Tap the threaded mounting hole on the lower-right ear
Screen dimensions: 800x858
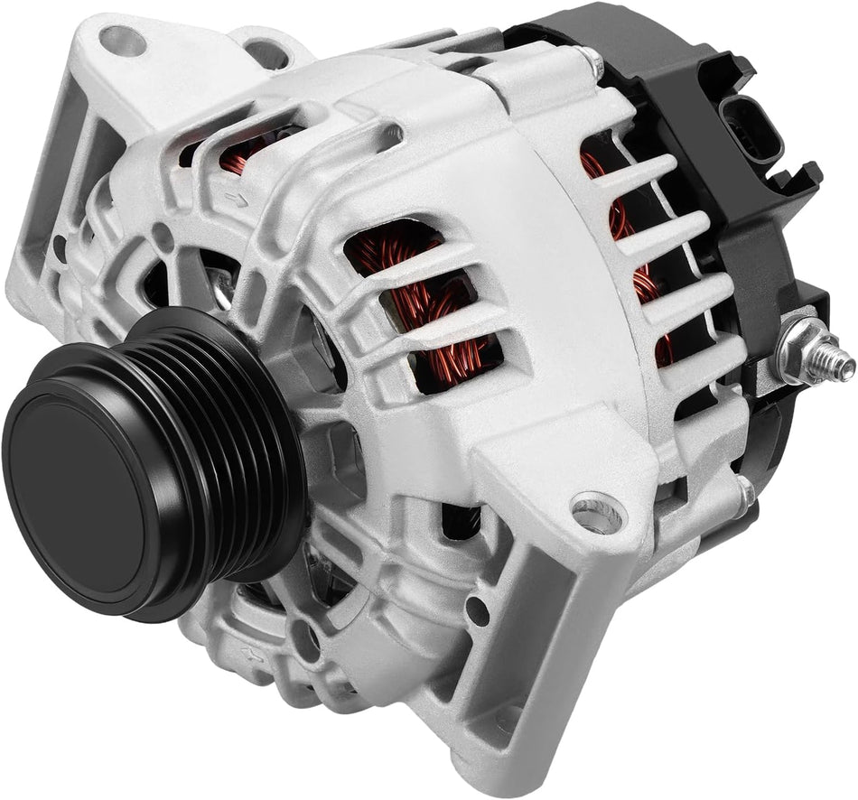tap(597, 514)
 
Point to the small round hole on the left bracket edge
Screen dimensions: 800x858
tap(60, 245)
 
